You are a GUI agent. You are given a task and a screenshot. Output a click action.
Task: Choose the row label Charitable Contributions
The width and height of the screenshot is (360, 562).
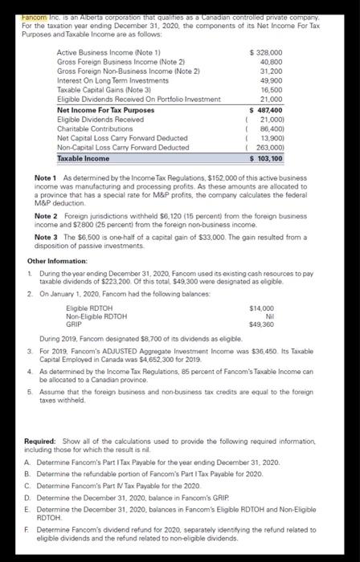pos(90,128)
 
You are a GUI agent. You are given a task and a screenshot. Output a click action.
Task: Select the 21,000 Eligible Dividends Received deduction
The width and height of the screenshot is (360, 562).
pos(280,118)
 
